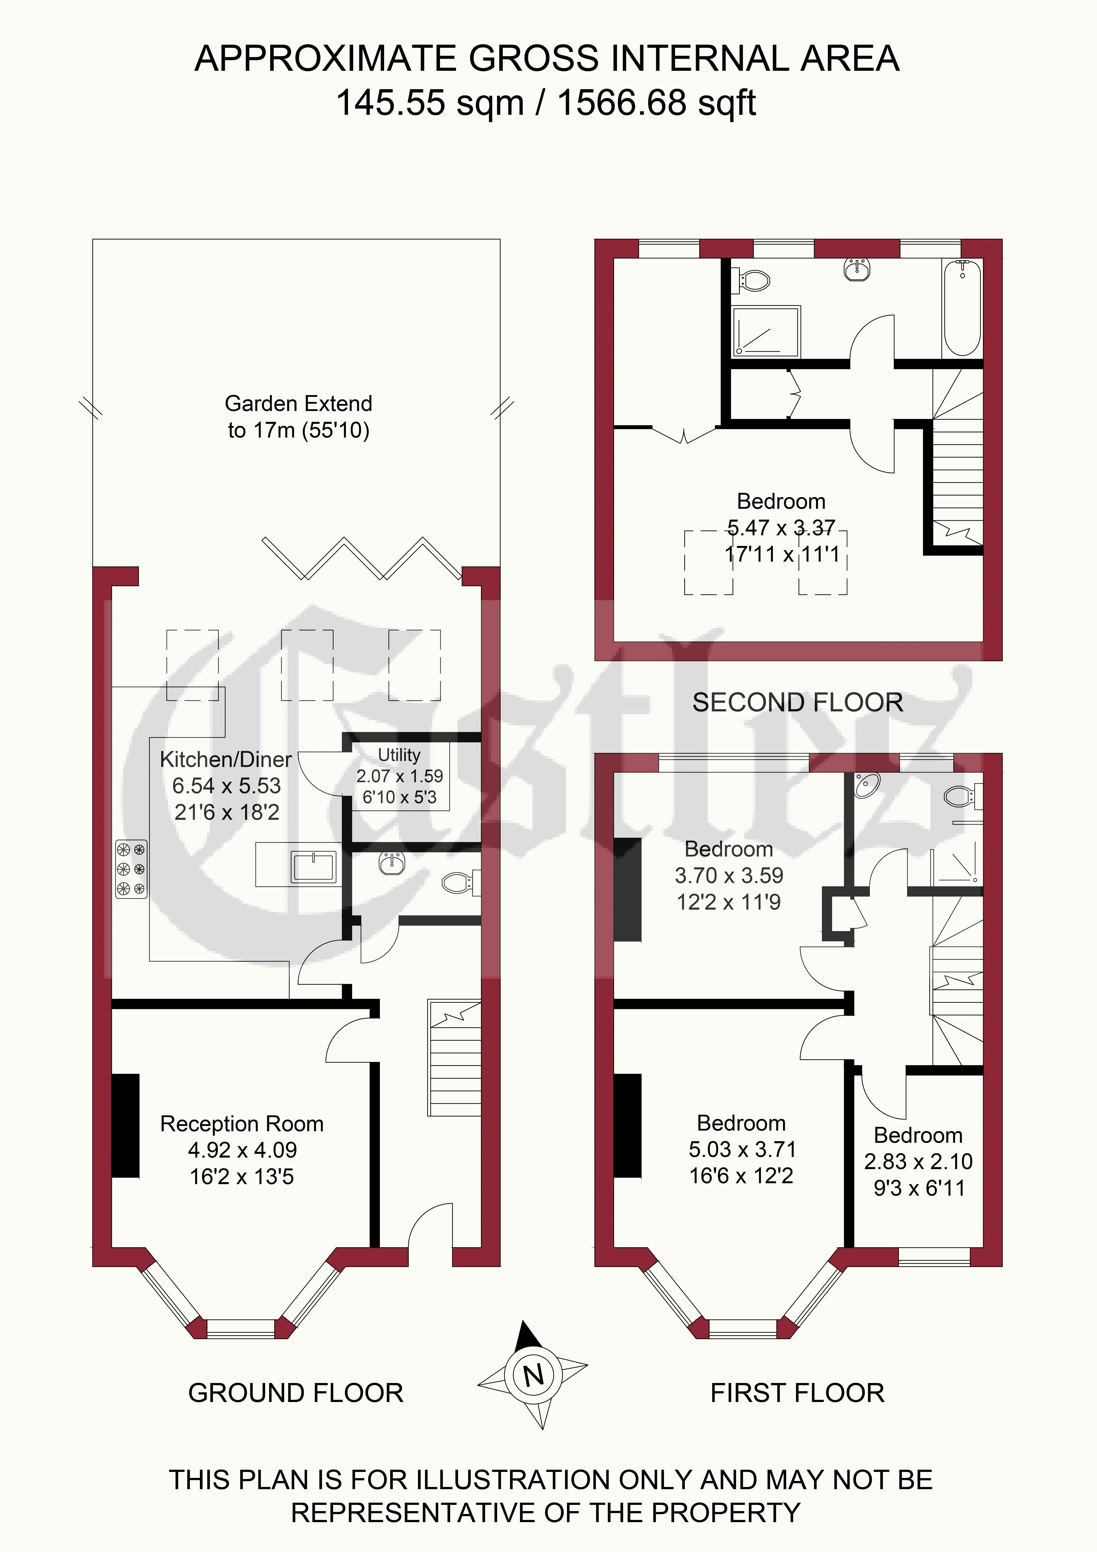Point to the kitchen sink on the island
coord(314,866)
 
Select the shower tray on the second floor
coord(766,331)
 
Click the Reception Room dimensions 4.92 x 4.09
coord(242,1150)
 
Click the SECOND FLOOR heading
coord(798,702)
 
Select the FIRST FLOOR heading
coord(798,1393)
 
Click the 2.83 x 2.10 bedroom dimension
coord(918,1161)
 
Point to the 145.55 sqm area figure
coord(430,103)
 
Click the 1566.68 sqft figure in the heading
coord(656,103)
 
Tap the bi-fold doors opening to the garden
coord(362,558)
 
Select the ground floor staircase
coord(454,1058)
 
